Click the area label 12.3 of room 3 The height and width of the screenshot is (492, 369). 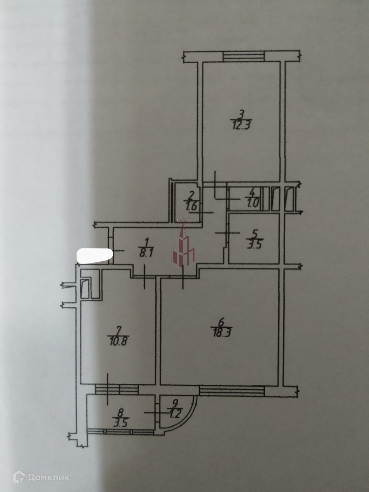[x=241, y=124]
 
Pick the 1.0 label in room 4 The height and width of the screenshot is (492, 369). [x=253, y=206]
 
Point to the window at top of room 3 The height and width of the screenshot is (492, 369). [x=243, y=56]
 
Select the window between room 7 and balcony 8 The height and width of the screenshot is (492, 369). [x=117, y=389]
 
